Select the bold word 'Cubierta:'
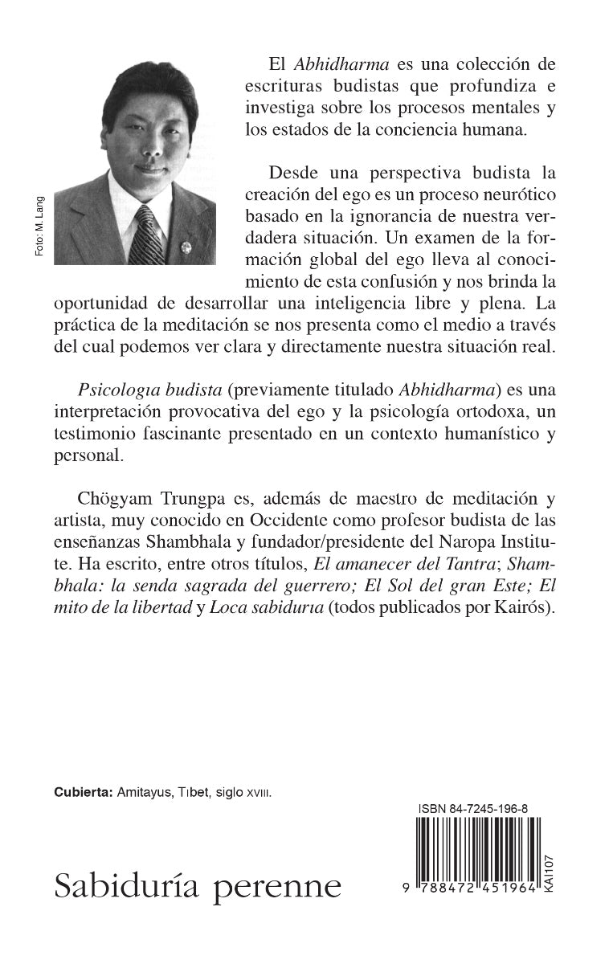point(83,791)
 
